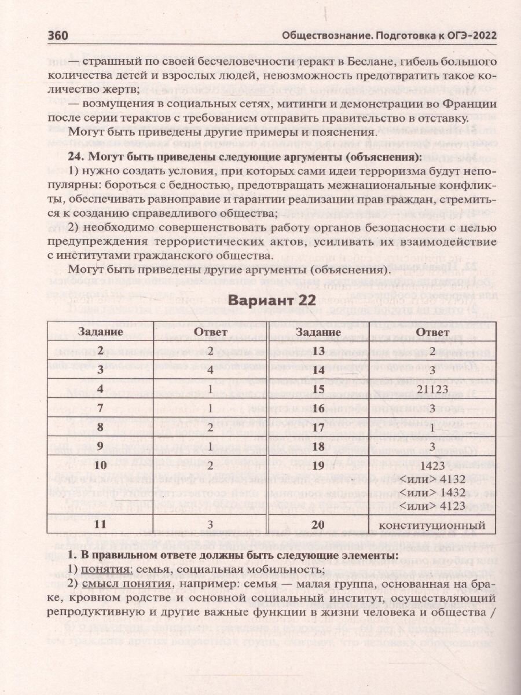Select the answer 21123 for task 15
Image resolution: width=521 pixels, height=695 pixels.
tap(432, 389)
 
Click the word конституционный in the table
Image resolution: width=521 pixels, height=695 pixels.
tap(432, 525)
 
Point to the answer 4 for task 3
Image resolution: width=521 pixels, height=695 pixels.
tap(211, 369)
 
